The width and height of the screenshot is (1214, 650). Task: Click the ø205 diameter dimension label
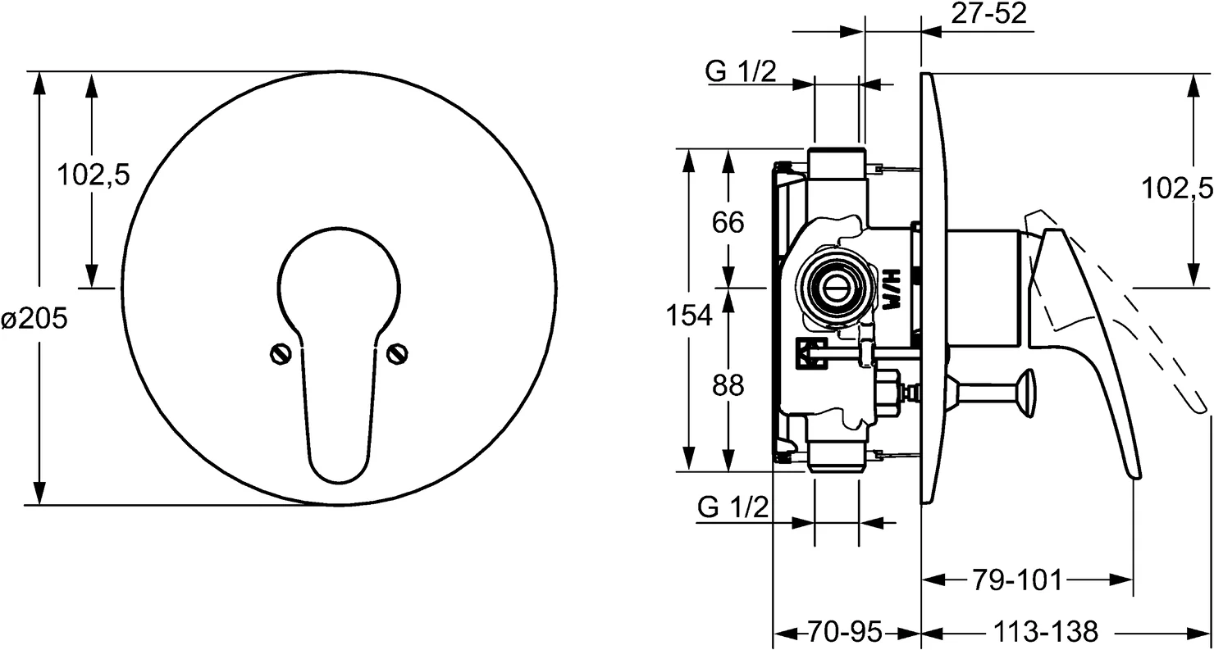pyautogui.click(x=34, y=319)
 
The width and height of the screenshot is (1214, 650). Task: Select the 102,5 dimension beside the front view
pyautogui.click(x=94, y=175)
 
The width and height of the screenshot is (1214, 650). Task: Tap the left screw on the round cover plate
pyautogui.click(x=281, y=354)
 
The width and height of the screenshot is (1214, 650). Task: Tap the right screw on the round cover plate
pyautogui.click(x=397, y=354)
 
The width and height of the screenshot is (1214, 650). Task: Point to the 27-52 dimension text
pyautogui.click(x=989, y=14)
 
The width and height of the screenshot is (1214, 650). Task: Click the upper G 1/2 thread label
pyautogui.click(x=741, y=71)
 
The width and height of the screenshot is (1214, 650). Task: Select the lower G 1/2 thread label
pyautogui.click(x=733, y=507)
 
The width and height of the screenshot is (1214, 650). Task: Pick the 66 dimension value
pyautogui.click(x=728, y=223)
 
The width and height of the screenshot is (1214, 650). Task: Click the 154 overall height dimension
pyautogui.click(x=689, y=316)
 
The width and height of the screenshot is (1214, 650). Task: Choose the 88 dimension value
pyautogui.click(x=728, y=386)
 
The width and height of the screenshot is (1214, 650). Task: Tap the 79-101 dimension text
pyautogui.click(x=1017, y=580)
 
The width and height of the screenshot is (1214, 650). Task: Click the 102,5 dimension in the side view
pyautogui.click(x=1176, y=189)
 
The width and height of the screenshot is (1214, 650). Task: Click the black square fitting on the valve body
pyautogui.click(x=811, y=353)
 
